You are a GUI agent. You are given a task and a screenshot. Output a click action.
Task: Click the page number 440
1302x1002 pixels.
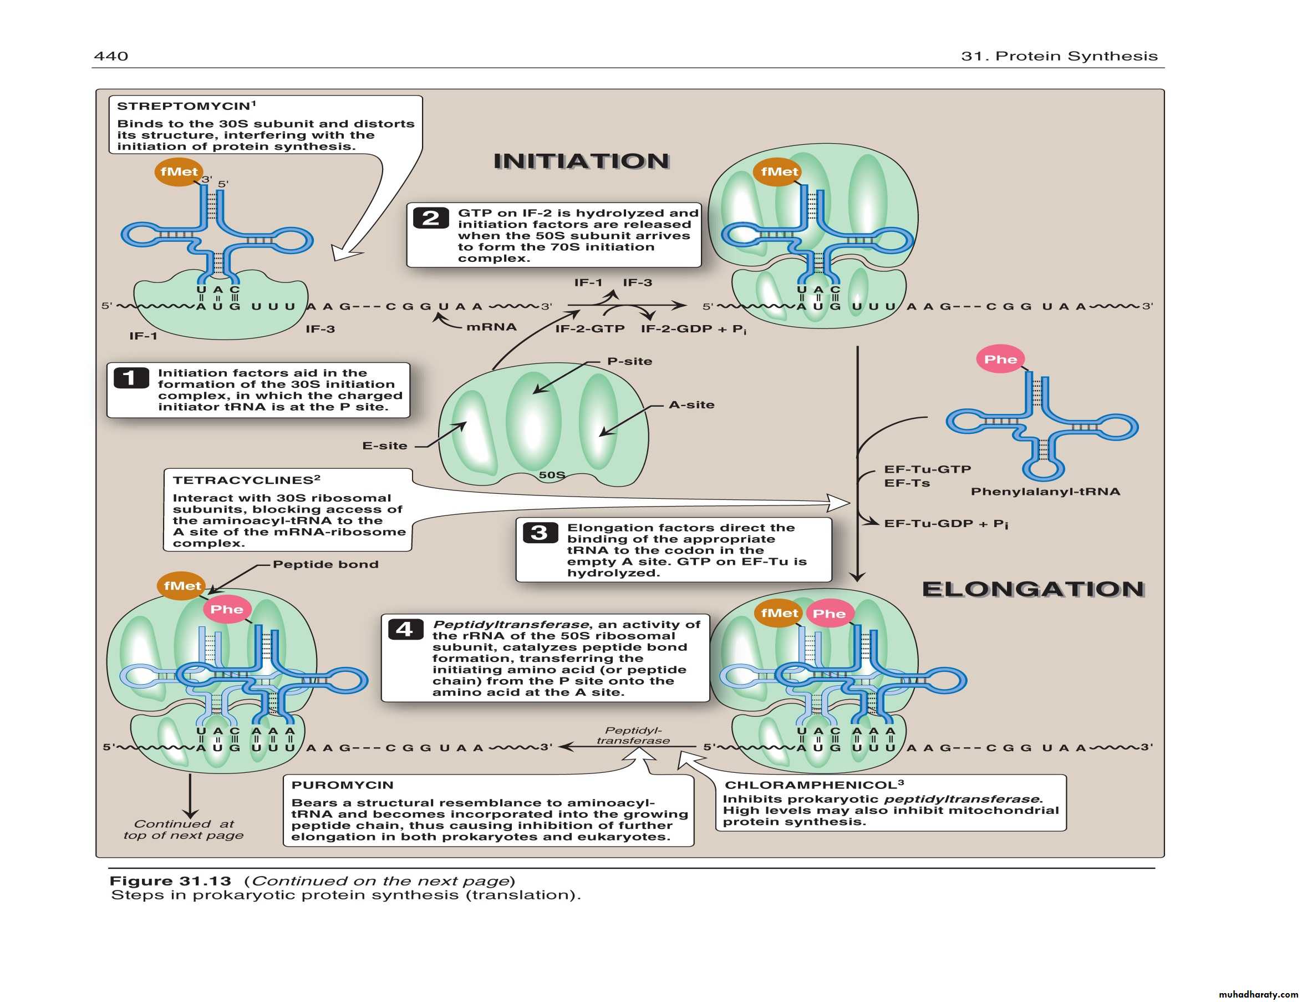coord(111,56)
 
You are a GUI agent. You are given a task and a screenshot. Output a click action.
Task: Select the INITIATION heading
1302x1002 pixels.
coord(581,161)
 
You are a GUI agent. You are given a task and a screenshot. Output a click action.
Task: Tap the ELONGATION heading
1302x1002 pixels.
coord(1033,589)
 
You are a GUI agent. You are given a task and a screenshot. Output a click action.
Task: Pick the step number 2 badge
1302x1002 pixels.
coord(430,218)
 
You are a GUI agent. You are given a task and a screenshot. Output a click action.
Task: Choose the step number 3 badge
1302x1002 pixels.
coord(540,532)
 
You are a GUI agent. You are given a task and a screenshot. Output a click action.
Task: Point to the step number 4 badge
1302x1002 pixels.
coord(405,629)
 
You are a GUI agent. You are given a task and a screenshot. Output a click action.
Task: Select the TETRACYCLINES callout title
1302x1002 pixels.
coord(243,480)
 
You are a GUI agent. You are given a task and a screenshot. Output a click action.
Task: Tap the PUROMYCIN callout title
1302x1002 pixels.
coord(342,785)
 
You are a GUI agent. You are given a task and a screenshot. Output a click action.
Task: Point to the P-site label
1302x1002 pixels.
coord(629,361)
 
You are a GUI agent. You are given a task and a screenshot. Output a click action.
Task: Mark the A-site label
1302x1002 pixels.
coord(691,405)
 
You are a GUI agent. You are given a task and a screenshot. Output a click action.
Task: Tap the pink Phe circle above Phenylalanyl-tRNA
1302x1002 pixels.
coord(1000,359)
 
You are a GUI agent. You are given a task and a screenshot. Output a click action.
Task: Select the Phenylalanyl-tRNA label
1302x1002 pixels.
coord(1045,492)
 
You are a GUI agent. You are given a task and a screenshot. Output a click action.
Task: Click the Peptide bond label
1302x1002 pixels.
coord(325,564)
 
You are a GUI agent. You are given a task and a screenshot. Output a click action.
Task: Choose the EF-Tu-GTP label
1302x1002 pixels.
coord(928,469)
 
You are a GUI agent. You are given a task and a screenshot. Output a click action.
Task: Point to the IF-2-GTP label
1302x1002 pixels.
coord(590,328)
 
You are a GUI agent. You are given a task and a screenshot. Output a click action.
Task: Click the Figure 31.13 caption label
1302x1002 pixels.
coord(170,881)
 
